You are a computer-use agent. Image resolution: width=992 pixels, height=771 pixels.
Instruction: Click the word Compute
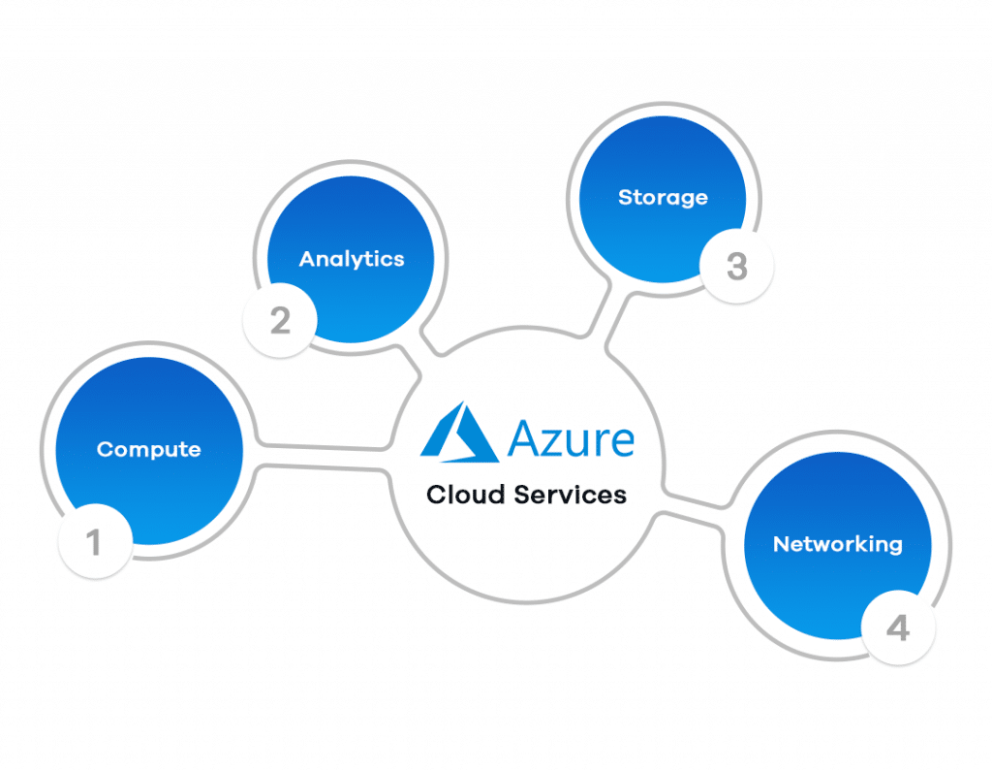tap(149, 450)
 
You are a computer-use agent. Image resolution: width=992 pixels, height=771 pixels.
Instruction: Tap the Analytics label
tap(352, 259)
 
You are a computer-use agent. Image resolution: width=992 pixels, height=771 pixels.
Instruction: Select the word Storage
tap(663, 198)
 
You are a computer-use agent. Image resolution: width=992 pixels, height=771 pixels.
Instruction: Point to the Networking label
tap(837, 544)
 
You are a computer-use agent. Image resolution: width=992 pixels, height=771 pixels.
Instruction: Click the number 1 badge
tap(95, 543)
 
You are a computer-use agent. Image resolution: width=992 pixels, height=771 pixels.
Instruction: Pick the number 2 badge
tap(280, 321)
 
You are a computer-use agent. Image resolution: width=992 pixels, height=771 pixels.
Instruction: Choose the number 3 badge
tap(736, 267)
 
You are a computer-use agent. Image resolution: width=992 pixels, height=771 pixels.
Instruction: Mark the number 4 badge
tap(898, 628)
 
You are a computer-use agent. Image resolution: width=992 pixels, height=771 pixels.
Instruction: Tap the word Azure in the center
tap(572, 438)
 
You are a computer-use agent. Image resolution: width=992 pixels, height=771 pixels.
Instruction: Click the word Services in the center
tap(571, 495)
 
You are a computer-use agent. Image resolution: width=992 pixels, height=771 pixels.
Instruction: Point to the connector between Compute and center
tap(320, 458)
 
